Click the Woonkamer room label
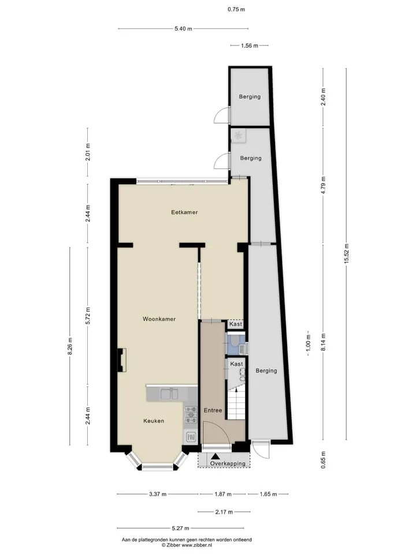click(159, 319)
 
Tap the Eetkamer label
click(184, 212)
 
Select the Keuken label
click(154, 421)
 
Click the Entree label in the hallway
click(213, 410)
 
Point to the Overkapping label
click(228, 463)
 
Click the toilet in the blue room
click(234, 341)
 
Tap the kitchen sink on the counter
click(169, 393)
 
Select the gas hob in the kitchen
click(191, 414)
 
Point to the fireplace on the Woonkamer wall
click(122, 360)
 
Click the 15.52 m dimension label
click(347, 253)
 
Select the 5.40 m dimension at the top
click(183, 29)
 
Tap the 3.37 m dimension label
click(158, 494)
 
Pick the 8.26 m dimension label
click(70, 346)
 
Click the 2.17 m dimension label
click(224, 512)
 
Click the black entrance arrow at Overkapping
click(215, 457)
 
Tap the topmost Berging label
click(250, 97)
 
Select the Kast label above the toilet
click(236, 324)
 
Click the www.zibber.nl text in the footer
click(196, 545)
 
